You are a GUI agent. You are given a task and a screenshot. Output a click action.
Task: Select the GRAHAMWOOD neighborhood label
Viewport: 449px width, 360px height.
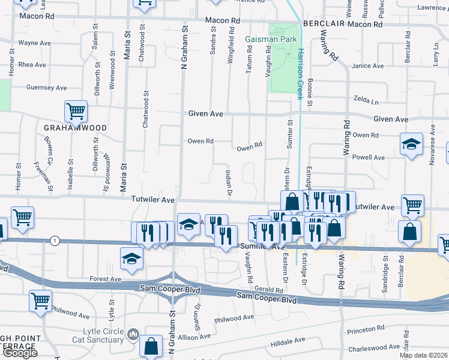point(75,128)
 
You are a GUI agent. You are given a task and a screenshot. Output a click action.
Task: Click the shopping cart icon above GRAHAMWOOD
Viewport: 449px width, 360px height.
point(76,110)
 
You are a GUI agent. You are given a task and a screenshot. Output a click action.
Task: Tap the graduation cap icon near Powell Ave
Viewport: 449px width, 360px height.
point(412,144)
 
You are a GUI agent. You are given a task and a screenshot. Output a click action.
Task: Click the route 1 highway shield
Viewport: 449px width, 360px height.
point(55,240)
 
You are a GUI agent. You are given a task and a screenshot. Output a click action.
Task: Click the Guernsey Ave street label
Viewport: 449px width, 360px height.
point(46,88)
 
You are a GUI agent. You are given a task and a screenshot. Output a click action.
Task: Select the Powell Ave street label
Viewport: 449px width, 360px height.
point(369,157)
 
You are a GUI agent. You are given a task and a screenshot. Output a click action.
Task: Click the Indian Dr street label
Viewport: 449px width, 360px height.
point(228,182)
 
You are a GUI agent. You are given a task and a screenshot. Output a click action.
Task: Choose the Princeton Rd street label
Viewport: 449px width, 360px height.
point(366,329)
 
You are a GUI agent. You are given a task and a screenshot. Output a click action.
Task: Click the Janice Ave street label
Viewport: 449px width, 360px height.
point(367,66)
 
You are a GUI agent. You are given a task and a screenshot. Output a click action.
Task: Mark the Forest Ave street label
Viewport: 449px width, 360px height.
point(106,279)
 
